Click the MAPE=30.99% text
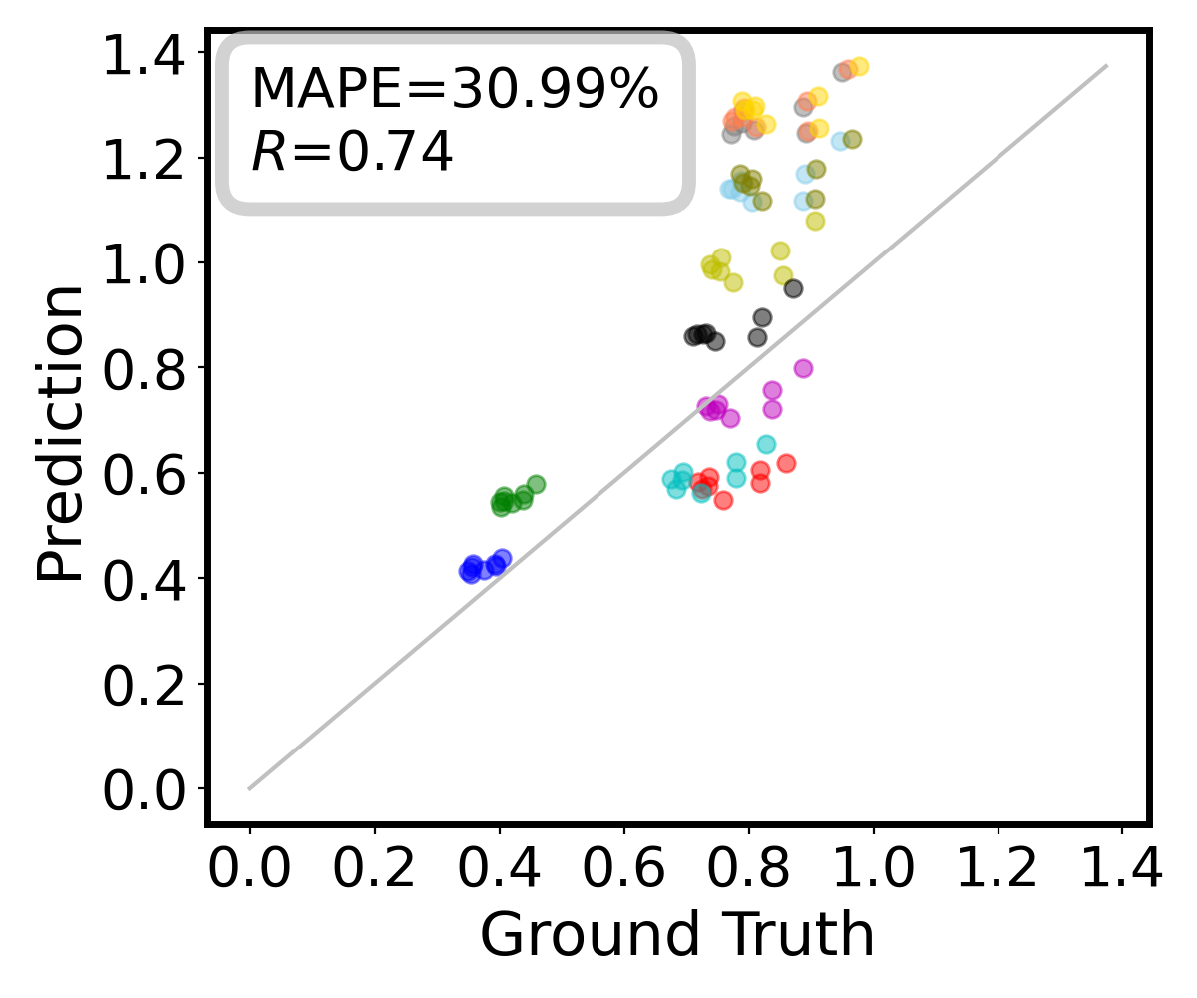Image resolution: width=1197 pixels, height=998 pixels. [x=454, y=90]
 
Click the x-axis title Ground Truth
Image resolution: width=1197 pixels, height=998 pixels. [x=677, y=935]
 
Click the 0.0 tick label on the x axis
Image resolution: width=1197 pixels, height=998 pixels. [x=249, y=870]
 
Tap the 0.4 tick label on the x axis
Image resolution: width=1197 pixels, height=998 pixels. [x=499, y=870]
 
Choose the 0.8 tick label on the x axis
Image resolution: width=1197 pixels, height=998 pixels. [x=748, y=870]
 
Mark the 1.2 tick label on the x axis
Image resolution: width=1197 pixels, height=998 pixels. [x=997, y=870]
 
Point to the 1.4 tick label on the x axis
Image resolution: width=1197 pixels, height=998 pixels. [x=1122, y=870]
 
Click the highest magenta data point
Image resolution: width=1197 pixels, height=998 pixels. [x=803, y=368]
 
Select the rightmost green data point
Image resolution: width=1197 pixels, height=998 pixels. [x=536, y=484]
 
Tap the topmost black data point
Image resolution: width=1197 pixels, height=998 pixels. [x=793, y=288]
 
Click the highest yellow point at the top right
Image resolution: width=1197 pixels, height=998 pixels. [x=859, y=66]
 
